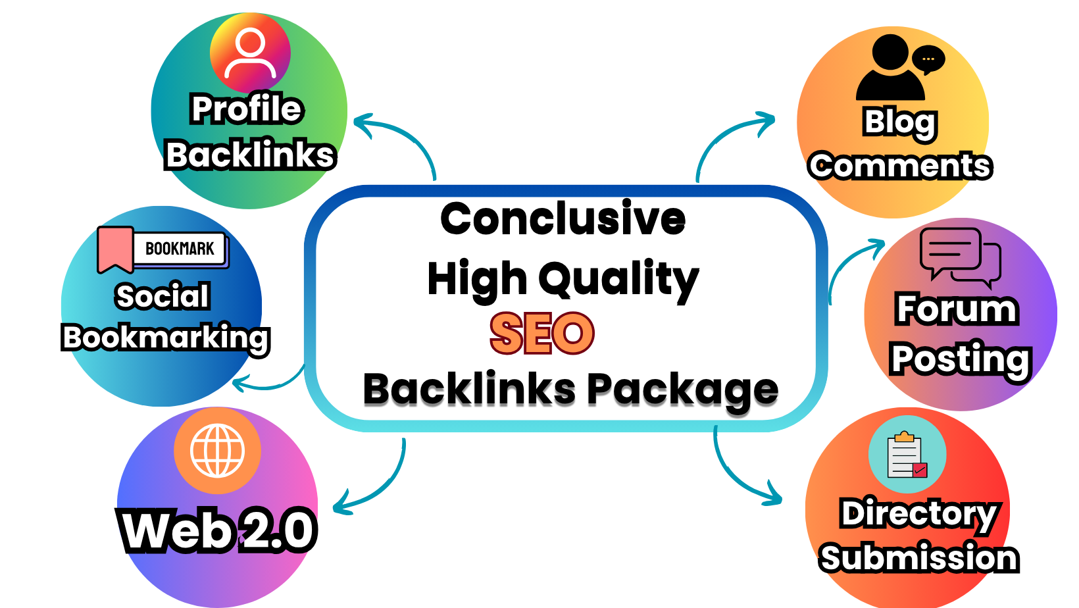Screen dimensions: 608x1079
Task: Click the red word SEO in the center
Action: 542,333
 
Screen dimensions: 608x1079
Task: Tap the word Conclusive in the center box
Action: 563,218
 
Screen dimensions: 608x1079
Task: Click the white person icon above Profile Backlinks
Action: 250,53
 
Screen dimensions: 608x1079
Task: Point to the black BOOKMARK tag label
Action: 180,249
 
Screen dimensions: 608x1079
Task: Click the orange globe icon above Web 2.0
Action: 217,451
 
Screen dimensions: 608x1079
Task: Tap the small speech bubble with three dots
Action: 928,59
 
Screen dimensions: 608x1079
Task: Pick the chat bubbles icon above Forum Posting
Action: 960,257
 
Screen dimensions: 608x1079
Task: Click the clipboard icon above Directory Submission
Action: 907,455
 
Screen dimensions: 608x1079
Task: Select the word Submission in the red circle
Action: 918,558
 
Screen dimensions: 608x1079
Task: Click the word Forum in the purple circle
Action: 957,309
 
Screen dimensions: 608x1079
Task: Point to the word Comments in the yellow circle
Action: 900,166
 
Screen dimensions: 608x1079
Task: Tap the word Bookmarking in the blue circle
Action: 166,338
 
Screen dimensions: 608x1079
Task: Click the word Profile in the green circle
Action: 247,109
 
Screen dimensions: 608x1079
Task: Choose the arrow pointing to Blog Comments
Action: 730,141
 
